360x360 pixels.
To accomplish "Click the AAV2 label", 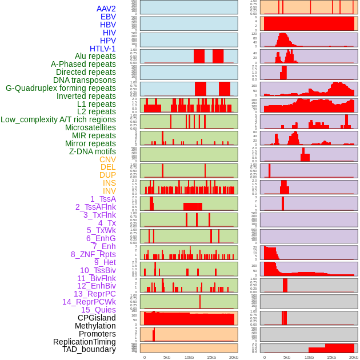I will pos(106,9).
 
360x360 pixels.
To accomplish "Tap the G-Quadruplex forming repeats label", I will pos(61,88).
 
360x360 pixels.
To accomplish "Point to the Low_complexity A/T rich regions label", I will pos(58,119).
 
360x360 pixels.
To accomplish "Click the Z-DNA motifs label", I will pos(92,151).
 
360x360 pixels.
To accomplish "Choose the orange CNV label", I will pos(107,159).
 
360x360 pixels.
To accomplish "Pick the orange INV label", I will pos(109,191).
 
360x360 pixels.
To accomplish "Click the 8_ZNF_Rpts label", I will pos(93,254).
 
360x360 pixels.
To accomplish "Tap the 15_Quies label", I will pos(98,310).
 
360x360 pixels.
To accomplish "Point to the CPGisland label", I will pos(97,318).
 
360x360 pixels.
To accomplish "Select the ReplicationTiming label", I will pos(84,342).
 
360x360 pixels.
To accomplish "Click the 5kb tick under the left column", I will pos(167,357).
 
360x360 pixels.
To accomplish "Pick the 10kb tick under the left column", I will pos(189,357).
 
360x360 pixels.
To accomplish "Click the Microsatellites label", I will pos(90,127).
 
